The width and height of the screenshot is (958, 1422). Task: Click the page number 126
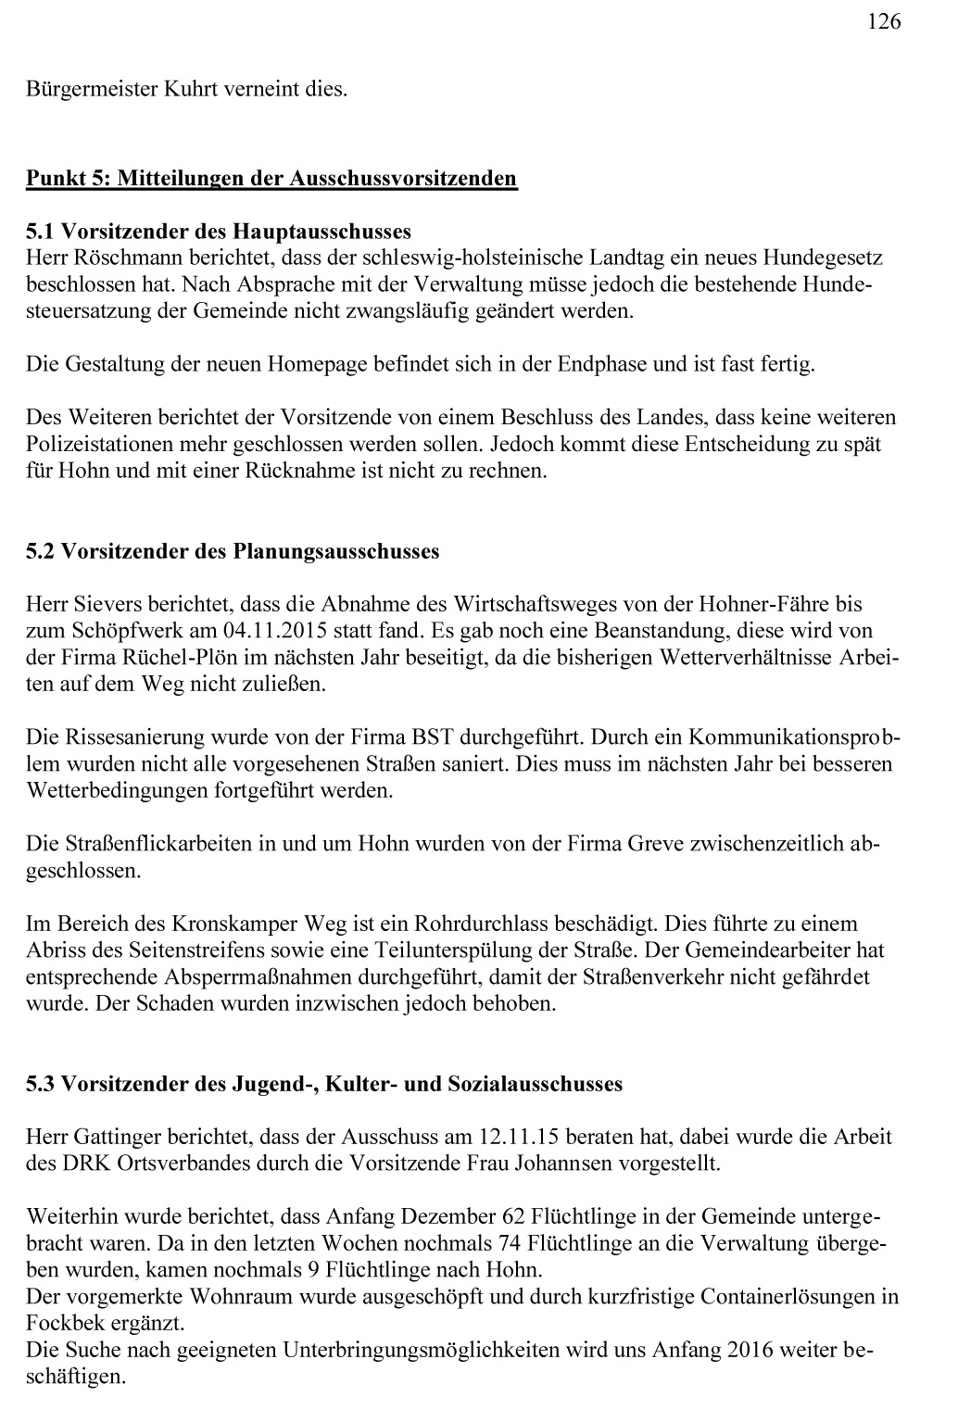[884, 21]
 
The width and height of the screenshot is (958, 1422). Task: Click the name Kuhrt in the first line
[193, 90]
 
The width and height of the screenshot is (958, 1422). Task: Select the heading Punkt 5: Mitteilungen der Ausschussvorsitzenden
[271, 177]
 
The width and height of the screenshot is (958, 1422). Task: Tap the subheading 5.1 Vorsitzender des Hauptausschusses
[219, 230]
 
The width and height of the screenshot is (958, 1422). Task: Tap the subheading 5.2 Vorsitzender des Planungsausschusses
[233, 551]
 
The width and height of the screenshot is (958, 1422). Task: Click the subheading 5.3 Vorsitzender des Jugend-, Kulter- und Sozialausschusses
[324, 1083]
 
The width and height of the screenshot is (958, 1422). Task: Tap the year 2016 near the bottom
[751, 1349]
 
